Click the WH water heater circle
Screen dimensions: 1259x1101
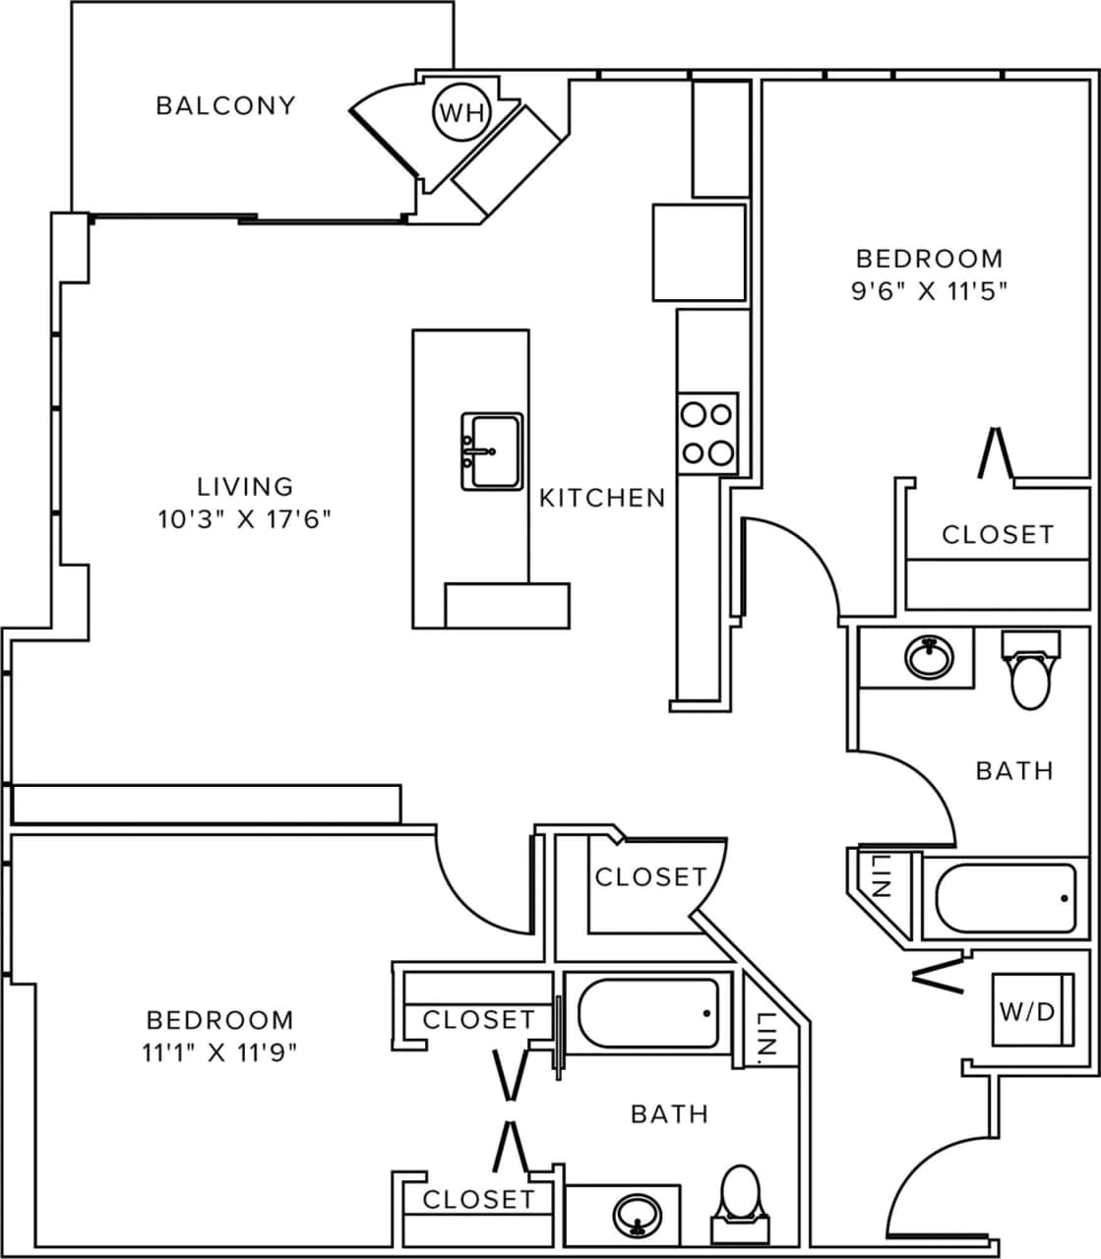pos(461,113)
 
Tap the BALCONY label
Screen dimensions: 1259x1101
pos(225,105)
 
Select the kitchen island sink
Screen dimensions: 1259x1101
pos(491,451)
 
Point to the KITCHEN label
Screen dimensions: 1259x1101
pos(602,498)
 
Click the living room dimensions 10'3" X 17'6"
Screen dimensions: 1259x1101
pos(245,518)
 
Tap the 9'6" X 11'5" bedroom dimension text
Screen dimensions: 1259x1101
pos(929,291)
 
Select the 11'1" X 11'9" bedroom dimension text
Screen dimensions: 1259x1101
pos(219,1052)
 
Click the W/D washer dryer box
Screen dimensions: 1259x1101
pos(1030,1011)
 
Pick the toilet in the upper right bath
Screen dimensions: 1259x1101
pos(1030,672)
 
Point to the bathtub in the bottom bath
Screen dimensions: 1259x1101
pos(647,1014)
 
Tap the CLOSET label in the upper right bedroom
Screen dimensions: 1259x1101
pos(998,534)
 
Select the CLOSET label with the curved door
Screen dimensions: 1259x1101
pos(650,876)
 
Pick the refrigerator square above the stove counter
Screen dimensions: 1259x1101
pos(699,253)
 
